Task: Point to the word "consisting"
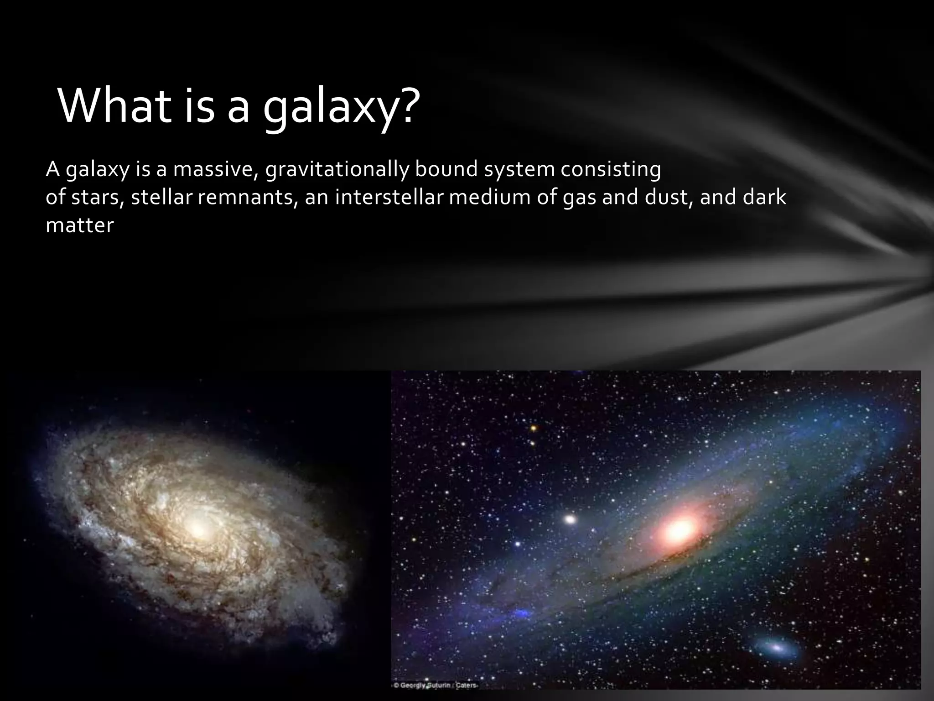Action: coord(611,170)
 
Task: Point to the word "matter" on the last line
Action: coord(79,225)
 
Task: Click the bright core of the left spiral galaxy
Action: coord(198,530)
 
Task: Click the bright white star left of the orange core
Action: coord(570,519)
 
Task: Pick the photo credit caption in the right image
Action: coord(436,685)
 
